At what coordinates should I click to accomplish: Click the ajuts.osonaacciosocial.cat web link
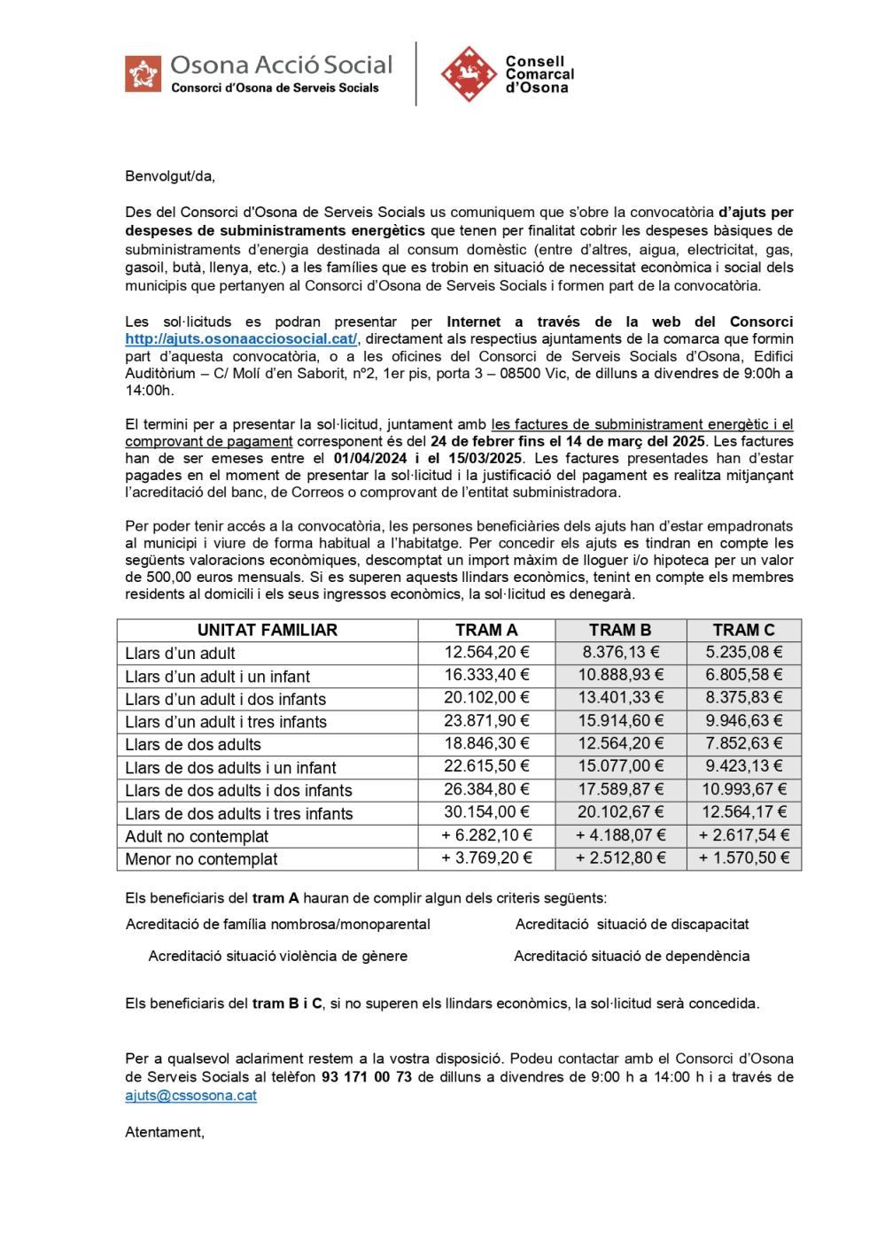(241, 338)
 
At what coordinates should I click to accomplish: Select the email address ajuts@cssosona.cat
(190, 1095)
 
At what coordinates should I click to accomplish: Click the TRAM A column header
(486, 630)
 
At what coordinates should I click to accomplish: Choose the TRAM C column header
(743, 630)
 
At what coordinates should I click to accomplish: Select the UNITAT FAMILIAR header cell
(267, 630)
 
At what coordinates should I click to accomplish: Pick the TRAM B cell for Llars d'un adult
(620, 653)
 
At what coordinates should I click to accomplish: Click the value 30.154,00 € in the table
(486, 812)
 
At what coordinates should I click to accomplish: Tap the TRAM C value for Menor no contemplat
(743, 858)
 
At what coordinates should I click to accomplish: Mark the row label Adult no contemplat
(197, 836)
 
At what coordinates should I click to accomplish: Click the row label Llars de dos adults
(193, 744)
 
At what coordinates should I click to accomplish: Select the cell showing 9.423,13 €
(743, 766)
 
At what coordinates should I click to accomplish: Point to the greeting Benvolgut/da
(170, 175)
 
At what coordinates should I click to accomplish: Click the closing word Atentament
(165, 1131)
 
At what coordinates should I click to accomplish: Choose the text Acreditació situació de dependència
(632, 956)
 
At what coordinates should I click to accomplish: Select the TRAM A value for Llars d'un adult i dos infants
(486, 698)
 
